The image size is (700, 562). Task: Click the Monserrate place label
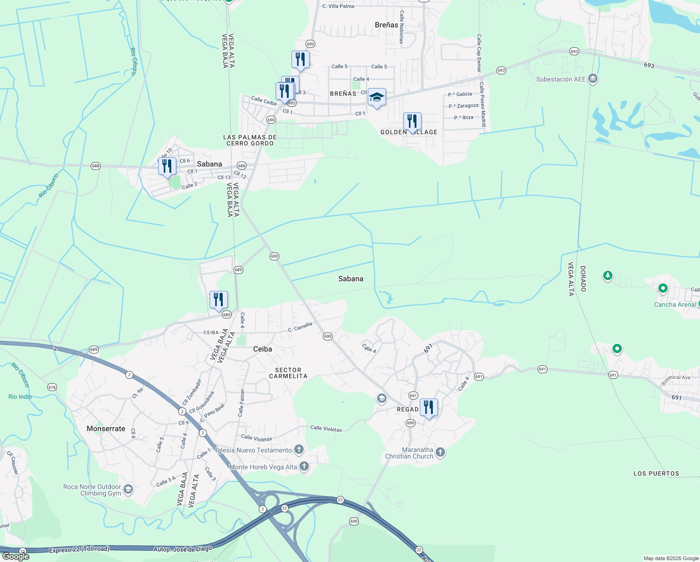106,429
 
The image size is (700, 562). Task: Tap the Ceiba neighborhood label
262,349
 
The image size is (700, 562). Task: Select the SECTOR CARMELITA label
288,373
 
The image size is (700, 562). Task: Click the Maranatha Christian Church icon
440,452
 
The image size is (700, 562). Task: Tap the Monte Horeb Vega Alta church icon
304,466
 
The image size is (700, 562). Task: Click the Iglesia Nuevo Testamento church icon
299,450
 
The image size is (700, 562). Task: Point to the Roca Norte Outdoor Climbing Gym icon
128,490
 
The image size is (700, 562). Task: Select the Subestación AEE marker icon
593,78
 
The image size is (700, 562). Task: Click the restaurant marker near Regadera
429,407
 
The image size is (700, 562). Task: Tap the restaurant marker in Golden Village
412,121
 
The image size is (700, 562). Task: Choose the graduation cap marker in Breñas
377,97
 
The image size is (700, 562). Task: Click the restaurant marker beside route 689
219,299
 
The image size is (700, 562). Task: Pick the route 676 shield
52,387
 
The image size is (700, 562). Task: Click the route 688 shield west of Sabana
95,166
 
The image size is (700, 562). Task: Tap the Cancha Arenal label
675,304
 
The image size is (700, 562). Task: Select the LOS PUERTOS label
656,473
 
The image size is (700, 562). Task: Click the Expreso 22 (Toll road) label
79,549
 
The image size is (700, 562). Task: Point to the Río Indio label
20,397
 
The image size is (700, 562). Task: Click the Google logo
16,556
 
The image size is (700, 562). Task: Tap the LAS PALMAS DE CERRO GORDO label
250,140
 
